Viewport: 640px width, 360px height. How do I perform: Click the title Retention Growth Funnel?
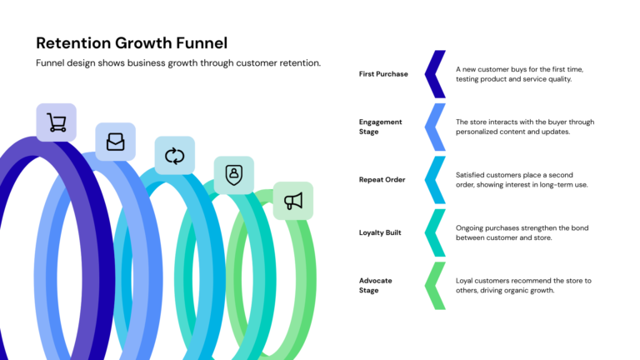coord(132,42)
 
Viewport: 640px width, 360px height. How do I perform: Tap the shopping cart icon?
coord(56,123)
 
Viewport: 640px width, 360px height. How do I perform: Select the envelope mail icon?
coord(115,142)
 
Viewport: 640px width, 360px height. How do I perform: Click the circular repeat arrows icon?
coord(174,156)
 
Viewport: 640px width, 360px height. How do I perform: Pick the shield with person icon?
coord(234,175)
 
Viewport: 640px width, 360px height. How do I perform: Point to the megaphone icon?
coord(293,201)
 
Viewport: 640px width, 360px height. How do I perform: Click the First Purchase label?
coord(383,74)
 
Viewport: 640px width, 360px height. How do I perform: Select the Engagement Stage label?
coord(381,127)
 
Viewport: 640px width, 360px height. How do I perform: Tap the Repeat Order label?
coord(382,180)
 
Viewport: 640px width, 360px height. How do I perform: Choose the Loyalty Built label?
coord(380,232)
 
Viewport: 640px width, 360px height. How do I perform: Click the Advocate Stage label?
coord(376,286)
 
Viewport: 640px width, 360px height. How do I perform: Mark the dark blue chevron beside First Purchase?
coord(434,74)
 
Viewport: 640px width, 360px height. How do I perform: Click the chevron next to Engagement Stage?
coord(434,127)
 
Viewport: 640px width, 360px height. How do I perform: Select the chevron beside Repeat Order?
coord(434,180)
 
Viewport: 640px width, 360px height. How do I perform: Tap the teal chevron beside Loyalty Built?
coord(434,232)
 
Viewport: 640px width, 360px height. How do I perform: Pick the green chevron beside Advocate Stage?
coord(434,286)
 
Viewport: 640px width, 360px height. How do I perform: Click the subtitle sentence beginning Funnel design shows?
coord(178,63)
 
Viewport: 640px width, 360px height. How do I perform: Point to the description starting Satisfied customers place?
coord(522,180)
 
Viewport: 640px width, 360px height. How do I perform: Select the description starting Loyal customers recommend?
coord(523,286)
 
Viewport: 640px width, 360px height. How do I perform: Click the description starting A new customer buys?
coord(519,74)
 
